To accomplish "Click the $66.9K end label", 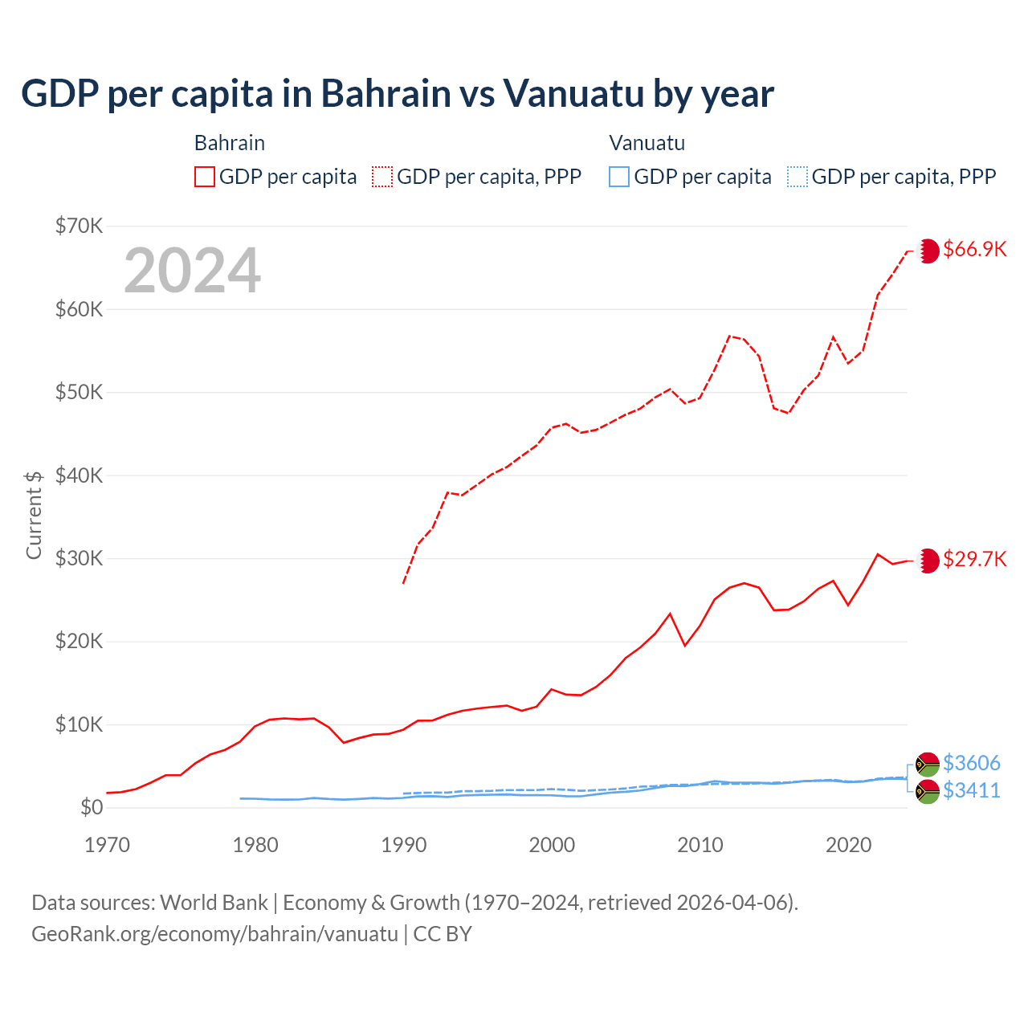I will point(974,250).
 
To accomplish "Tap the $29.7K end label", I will point(974,560).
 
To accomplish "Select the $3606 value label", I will point(971,763).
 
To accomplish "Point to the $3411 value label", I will point(971,791).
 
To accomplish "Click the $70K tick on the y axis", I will point(79,226).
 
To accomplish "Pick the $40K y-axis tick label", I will point(79,475).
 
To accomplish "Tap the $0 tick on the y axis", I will point(92,807).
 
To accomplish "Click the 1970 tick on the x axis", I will point(107,845).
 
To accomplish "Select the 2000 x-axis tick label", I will point(552,845).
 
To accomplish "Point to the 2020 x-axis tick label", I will point(848,845).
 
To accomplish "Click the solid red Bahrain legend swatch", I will point(205,177).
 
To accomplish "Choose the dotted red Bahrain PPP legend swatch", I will point(382,177).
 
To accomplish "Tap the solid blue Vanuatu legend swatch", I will point(619,177).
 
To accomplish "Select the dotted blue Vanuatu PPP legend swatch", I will point(798,177).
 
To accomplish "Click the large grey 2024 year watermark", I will point(192,271).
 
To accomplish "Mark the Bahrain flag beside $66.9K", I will point(928,251).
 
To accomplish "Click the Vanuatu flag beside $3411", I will point(928,791).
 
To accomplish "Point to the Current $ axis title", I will point(34,515).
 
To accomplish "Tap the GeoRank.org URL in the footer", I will point(214,934).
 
